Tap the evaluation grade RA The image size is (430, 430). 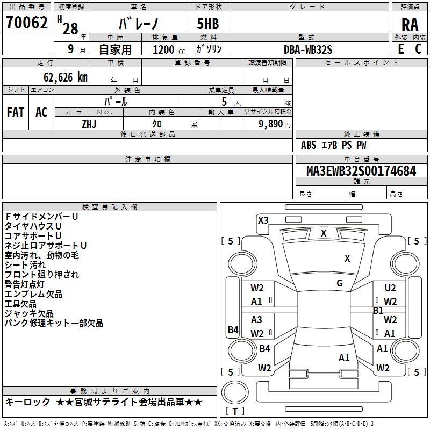tap(410, 25)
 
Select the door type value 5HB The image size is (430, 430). tap(204, 24)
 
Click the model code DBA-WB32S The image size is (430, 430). tap(308, 49)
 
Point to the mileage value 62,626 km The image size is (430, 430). tap(60, 77)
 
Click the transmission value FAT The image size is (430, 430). tap(16, 112)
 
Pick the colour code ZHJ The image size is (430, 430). tap(89, 124)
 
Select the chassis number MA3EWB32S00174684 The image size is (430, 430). tap(361, 171)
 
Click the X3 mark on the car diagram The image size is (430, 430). tap(263, 220)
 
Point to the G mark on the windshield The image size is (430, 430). tap(340, 283)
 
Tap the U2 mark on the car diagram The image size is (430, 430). tap(390, 289)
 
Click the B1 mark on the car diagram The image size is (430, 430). tap(378, 311)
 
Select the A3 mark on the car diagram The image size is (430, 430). tap(257, 320)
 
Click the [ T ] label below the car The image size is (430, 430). tap(235, 412)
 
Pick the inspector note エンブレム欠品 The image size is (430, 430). tap(33, 294)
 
